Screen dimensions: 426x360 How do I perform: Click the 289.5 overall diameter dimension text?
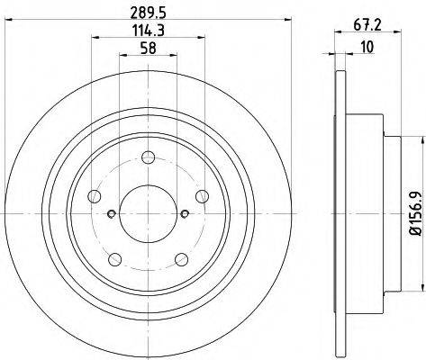(149, 13)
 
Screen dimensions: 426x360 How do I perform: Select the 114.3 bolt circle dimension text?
(149, 31)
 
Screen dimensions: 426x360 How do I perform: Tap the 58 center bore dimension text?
(149, 48)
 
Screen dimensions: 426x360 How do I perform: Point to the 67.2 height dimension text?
(367, 25)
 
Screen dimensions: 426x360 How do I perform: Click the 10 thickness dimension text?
(367, 47)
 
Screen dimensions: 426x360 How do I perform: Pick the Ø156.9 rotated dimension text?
(417, 213)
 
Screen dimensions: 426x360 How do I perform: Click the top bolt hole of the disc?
(149, 157)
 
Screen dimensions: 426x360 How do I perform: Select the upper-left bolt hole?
(95, 196)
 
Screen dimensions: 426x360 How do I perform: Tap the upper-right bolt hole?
(202, 196)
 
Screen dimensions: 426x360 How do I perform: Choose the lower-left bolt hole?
(115, 259)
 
